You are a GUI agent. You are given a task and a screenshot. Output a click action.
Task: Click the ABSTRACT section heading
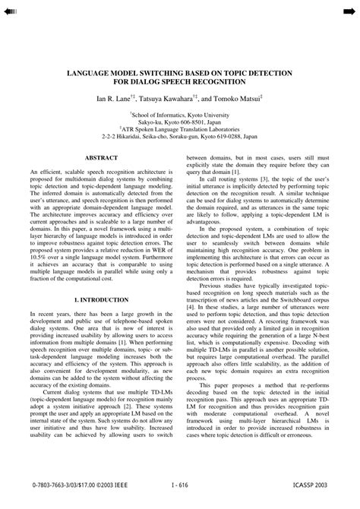[x=100, y=156]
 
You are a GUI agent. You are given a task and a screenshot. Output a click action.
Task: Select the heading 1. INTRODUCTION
[x=100, y=300]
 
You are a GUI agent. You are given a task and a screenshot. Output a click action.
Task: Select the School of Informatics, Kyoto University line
[x=180, y=112]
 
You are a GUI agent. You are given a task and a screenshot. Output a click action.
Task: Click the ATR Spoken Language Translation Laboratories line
[x=180, y=128]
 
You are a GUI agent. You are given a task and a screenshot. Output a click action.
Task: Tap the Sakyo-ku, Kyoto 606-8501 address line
[x=180, y=120]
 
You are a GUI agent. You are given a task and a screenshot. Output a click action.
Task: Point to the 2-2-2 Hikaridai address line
[x=180, y=136]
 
